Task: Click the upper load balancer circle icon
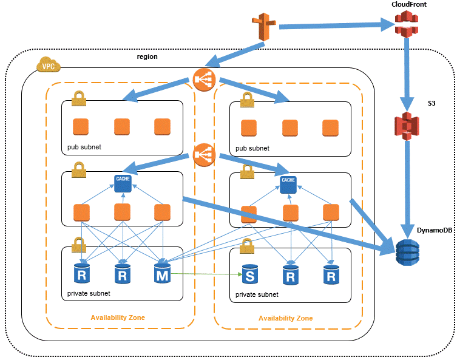[x=204, y=78]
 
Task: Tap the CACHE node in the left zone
[x=123, y=183]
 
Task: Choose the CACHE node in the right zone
[x=288, y=183]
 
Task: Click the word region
[x=147, y=56]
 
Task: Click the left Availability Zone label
[x=118, y=318]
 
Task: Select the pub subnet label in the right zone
[x=252, y=148]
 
